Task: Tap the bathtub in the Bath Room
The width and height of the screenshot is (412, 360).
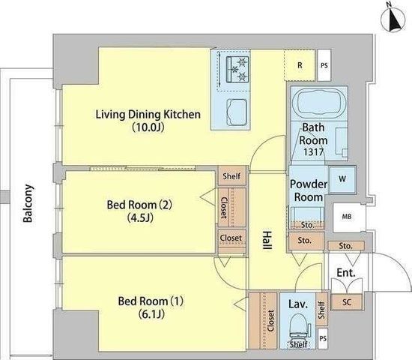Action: pos(319,102)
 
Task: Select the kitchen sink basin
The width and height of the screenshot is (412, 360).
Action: pos(237,112)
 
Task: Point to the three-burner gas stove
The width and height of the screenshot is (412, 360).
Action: pos(237,69)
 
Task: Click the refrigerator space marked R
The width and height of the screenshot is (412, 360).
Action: pos(300,65)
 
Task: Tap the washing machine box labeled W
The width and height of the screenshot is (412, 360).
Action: pos(342,179)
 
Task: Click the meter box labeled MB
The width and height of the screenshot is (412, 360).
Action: pos(347,217)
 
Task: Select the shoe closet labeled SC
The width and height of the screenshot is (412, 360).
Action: pos(347,302)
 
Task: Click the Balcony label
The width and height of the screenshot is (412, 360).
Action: pos(28,203)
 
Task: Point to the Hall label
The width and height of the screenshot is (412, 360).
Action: pos(267,240)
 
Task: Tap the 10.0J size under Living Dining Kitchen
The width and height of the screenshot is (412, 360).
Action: pos(148,127)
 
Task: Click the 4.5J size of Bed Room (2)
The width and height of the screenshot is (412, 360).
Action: pos(140,217)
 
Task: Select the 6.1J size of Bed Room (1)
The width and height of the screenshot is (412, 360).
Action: pos(151,314)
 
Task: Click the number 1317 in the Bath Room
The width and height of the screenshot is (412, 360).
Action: pos(313,151)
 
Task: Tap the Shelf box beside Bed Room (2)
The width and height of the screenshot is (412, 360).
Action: pos(232,175)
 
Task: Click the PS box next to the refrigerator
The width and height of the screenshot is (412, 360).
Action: pos(324,65)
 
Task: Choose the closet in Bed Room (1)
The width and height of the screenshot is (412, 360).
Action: pos(263,321)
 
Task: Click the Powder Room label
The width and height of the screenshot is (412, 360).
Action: pos(309,190)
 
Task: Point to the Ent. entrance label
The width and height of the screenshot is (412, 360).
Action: pos(346,273)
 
